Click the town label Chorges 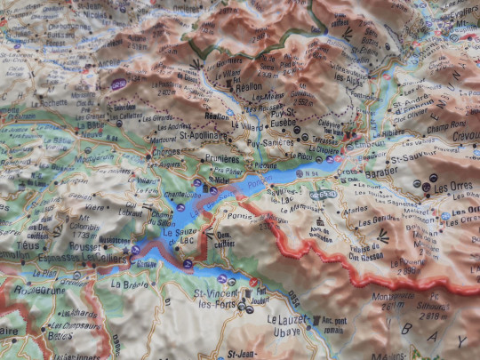[167, 152]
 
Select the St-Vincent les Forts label [217, 300]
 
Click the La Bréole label [131, 284]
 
